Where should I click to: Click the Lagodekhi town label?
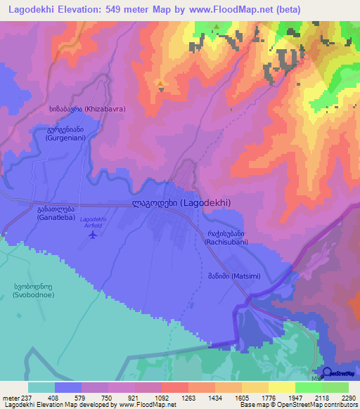pos(181,202)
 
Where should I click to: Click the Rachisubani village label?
pos(224,238)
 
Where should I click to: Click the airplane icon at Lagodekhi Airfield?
pos(94,234)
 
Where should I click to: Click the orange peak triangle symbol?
pos(161,84)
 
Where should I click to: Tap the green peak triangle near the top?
pos(217,28)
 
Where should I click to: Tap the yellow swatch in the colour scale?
pos(282,387)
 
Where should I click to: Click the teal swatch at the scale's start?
pos(41,387)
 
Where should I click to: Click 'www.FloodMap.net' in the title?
pos(226,10)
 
